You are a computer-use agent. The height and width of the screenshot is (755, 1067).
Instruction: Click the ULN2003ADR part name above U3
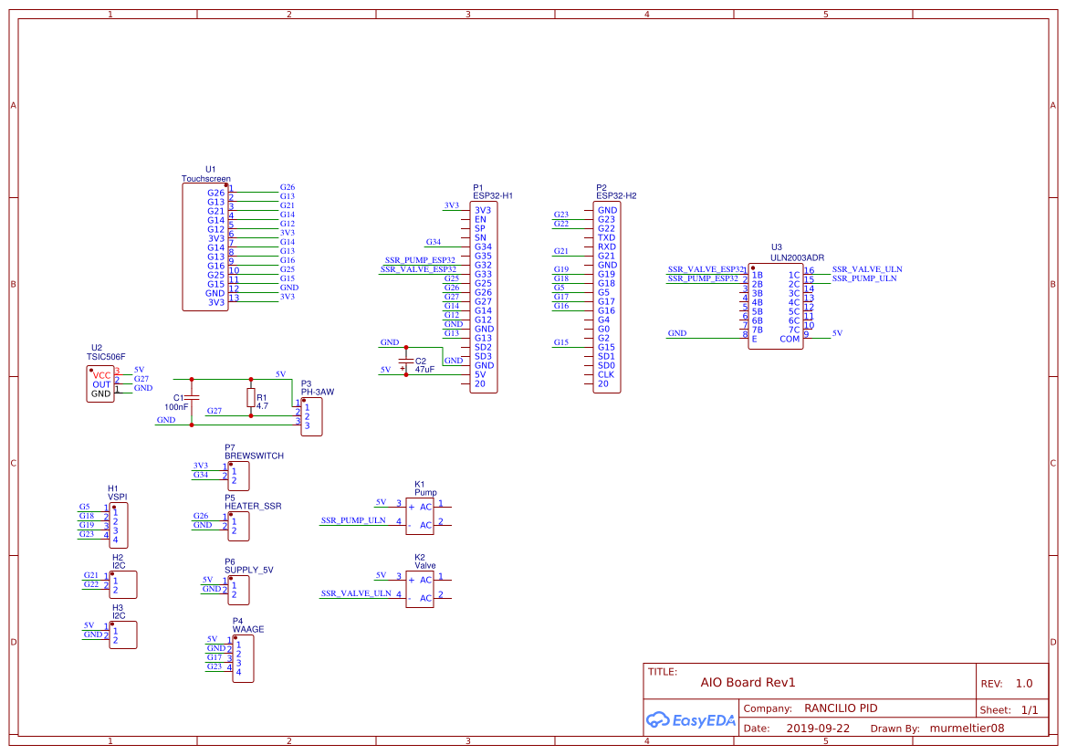(x=797, y=257)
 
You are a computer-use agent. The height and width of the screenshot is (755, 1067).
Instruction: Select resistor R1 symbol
(x=250, y=398)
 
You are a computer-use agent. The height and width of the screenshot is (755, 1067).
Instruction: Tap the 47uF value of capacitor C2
(x=424, y=370)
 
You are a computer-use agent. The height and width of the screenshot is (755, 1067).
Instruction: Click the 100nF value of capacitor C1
(x=176, y=407)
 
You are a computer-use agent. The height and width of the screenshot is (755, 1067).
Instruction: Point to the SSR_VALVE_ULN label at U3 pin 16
(x=867, y=269)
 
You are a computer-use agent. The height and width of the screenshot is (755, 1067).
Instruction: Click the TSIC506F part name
(x=106, y=357)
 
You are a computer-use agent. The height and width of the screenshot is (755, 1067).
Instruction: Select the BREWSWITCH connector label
(x=254, y=456)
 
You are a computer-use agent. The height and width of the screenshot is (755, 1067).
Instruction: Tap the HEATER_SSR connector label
(x=253, y=506)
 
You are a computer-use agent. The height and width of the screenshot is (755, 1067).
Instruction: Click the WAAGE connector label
(x=248, y=629)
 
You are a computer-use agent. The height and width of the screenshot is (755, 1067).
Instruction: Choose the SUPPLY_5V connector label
(x=249, y=571)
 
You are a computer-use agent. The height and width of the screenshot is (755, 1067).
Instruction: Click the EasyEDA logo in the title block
(x=690, y=719)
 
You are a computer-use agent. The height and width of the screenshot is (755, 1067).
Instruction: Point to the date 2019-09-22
(x=818, y=729)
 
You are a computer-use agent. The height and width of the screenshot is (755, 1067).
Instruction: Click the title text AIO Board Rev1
(x=748, y=682)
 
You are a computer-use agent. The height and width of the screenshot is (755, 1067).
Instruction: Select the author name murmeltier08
(x=967, y=729)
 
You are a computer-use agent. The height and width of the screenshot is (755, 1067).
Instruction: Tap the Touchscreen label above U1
(x=206, y=179)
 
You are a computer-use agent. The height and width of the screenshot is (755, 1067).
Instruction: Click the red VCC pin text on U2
(x=101, y=375)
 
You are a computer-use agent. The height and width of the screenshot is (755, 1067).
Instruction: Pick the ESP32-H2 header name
(x=616, y=195)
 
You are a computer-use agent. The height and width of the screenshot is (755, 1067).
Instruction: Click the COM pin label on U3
(x=790, y=339)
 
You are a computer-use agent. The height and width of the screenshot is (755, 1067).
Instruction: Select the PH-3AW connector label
(x=317, y=393)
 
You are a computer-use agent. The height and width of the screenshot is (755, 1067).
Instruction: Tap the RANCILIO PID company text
(x=841, y=708)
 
